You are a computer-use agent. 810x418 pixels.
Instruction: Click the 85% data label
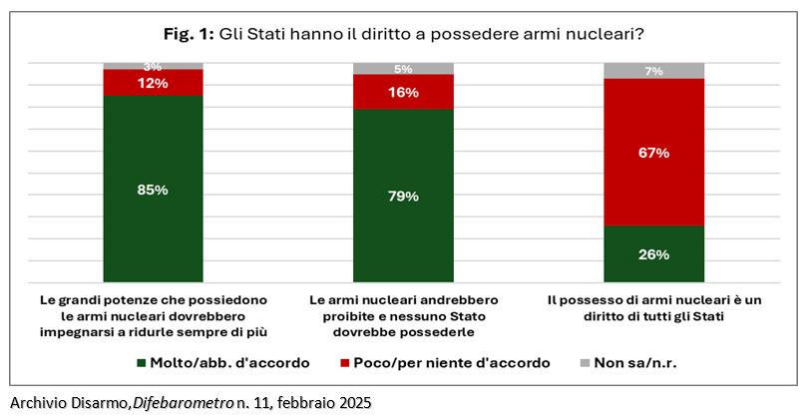click(153, 189)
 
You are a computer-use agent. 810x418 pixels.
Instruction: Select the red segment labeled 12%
click(153, 83)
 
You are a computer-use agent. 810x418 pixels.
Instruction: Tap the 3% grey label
click(153, 67)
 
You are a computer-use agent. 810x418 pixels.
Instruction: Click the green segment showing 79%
click(403, 196)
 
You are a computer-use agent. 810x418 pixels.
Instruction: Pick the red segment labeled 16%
click(403, 92)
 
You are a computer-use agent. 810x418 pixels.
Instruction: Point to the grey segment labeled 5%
click(403, 69)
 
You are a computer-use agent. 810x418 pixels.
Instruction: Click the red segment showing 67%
click(653, 153)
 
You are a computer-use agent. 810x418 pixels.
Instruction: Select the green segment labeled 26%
click(653, 253)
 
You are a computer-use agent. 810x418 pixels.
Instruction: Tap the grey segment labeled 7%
click(653, 71)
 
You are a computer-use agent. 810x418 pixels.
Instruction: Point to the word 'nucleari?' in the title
click(604, 34)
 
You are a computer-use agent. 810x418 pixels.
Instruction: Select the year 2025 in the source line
click(353, 403)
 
